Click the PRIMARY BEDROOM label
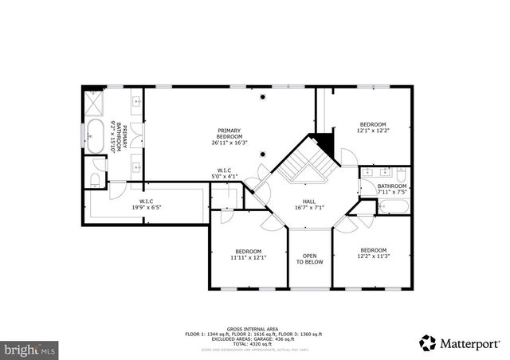229,136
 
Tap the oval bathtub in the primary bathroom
95,137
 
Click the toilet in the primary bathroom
96,176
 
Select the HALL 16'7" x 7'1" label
311,205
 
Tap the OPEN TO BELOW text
311,260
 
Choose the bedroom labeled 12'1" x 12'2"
372,128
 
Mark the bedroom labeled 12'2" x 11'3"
372,252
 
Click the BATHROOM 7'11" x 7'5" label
392,189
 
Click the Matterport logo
455,342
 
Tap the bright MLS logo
29,349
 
